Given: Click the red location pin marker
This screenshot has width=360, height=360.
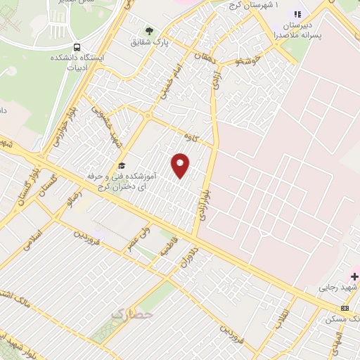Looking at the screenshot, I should pyautogui.click(x=181, y=165).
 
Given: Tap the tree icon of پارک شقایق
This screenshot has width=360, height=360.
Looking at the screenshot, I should pyautogui.click(x=148, y=30).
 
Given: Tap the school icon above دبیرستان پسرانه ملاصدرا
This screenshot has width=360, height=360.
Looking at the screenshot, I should pyautogui.click(x=297, y=14).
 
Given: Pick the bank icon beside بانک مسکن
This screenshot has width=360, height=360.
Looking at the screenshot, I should pyautogui.click(x=345, y=308).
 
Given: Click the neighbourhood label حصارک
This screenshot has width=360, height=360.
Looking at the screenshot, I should pyautogui.click(x=131, y=315).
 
